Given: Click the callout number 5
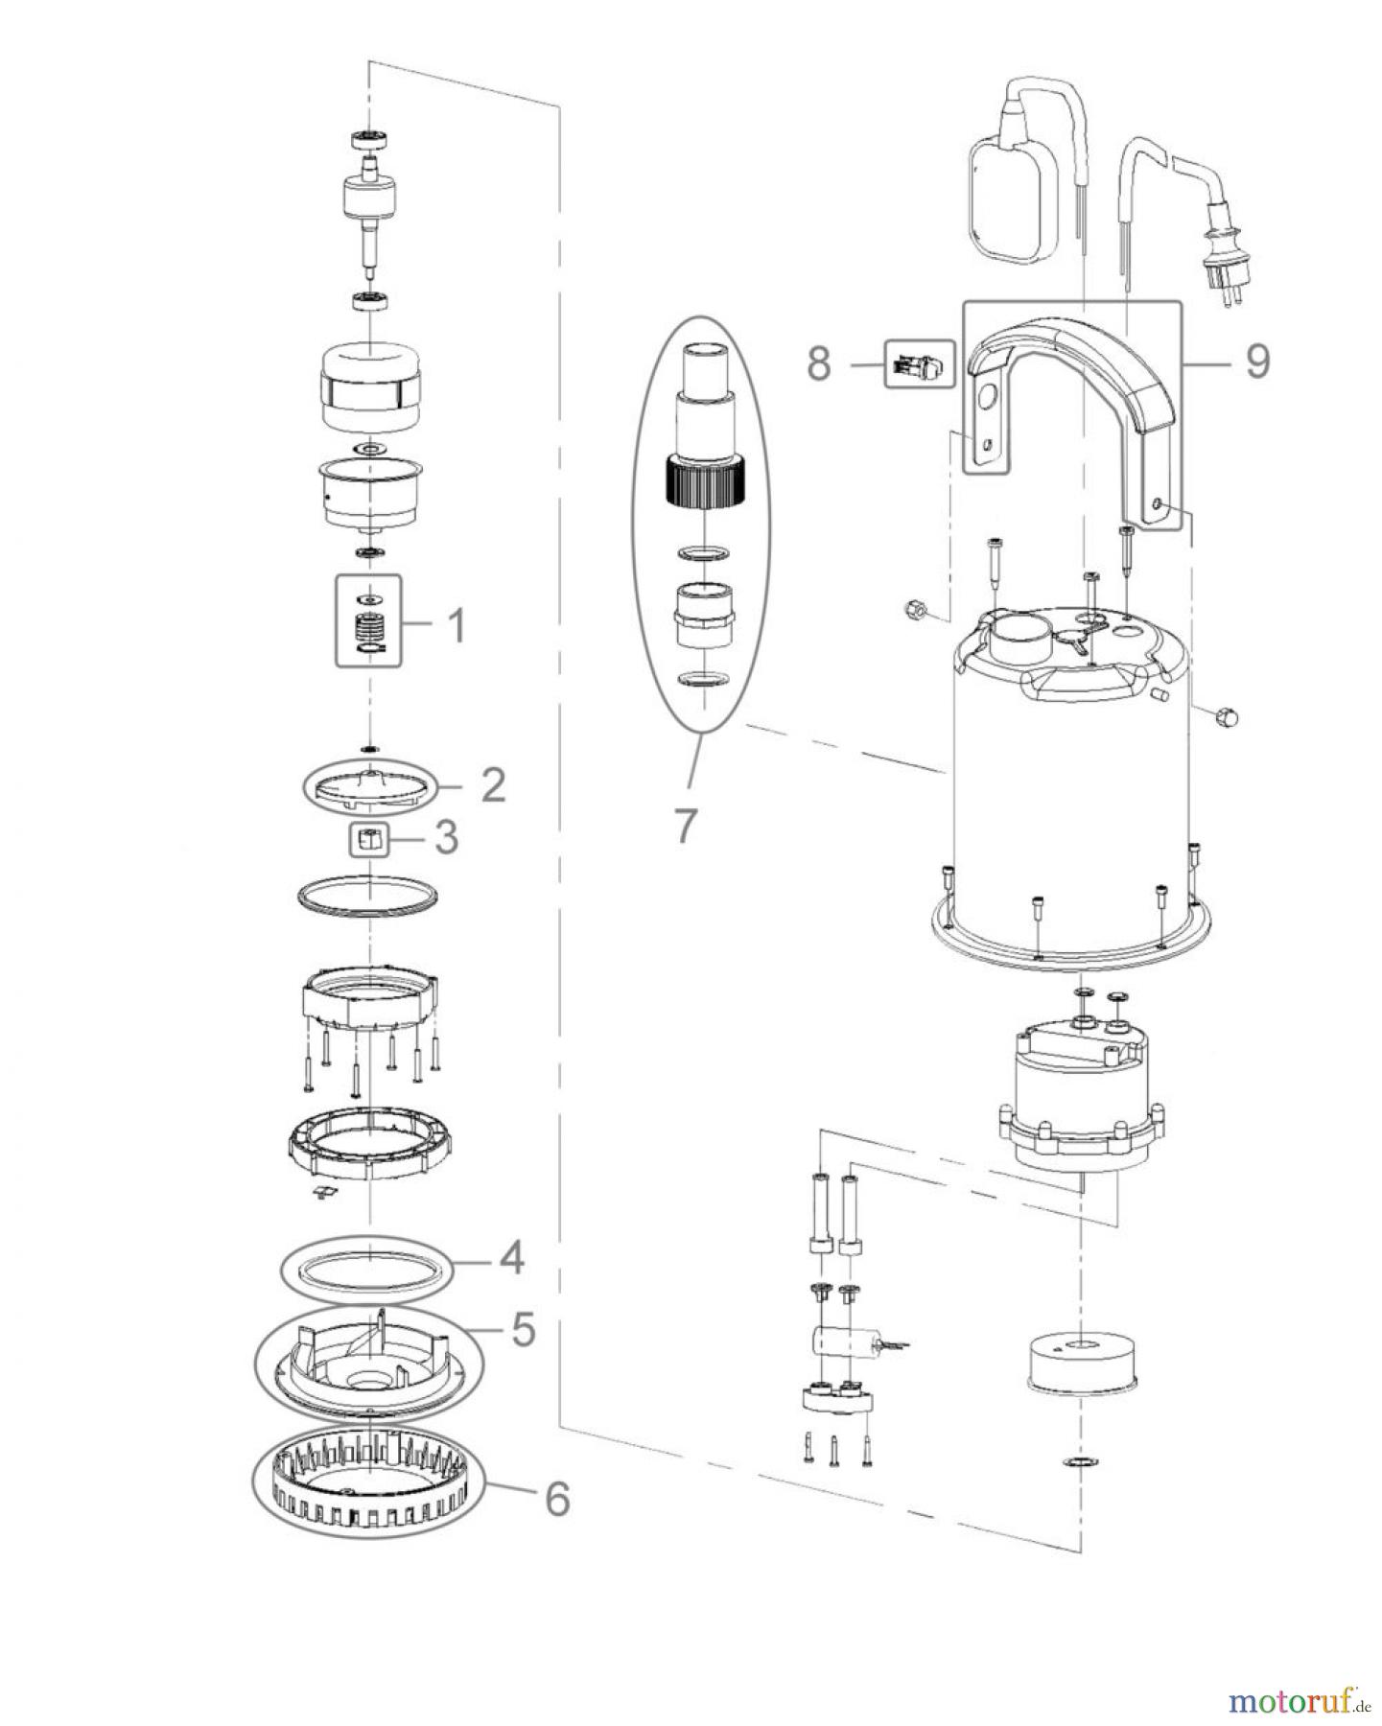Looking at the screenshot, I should pyautogui.click(x=523, y=1330).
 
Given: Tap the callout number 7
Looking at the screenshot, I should pyautogui.click(x=683, y=825).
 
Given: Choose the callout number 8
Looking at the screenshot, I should pyautogui.click(x=818, y=364).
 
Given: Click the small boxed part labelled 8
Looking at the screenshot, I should pyautogui.click(x=919, y=364).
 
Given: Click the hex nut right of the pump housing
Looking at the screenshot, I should pyautogui.click(x=1226, y=715).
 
